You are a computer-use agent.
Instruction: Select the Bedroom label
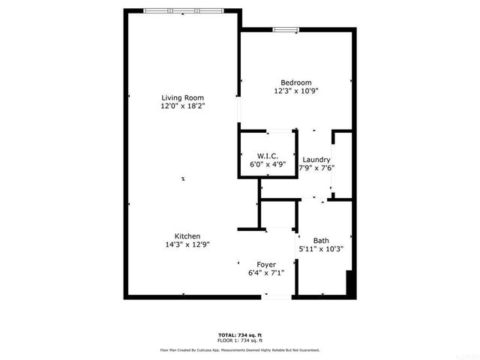point(295,82)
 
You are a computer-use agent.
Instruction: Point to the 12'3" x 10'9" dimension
point(295,91)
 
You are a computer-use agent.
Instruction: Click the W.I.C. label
point(268,155)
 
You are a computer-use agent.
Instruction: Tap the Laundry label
point(316,160)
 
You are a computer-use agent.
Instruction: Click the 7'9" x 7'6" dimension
point(316,168)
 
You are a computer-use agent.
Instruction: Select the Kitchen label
point(187,235)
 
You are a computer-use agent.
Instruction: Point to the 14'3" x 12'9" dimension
point(187,244)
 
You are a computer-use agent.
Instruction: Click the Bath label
point(321,240)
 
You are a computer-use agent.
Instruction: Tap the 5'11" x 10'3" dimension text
point(321,249)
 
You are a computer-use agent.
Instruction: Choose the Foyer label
point(266,265)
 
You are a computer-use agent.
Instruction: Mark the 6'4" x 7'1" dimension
point(266,273)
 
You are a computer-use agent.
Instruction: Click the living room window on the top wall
point(183,10)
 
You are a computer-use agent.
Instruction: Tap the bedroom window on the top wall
point(285,30)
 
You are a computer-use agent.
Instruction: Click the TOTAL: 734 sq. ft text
point(240,334)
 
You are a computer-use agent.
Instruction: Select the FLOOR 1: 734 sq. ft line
point(240,340)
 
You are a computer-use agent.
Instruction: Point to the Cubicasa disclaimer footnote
point(240,349)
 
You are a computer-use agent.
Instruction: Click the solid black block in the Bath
point(348,284)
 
